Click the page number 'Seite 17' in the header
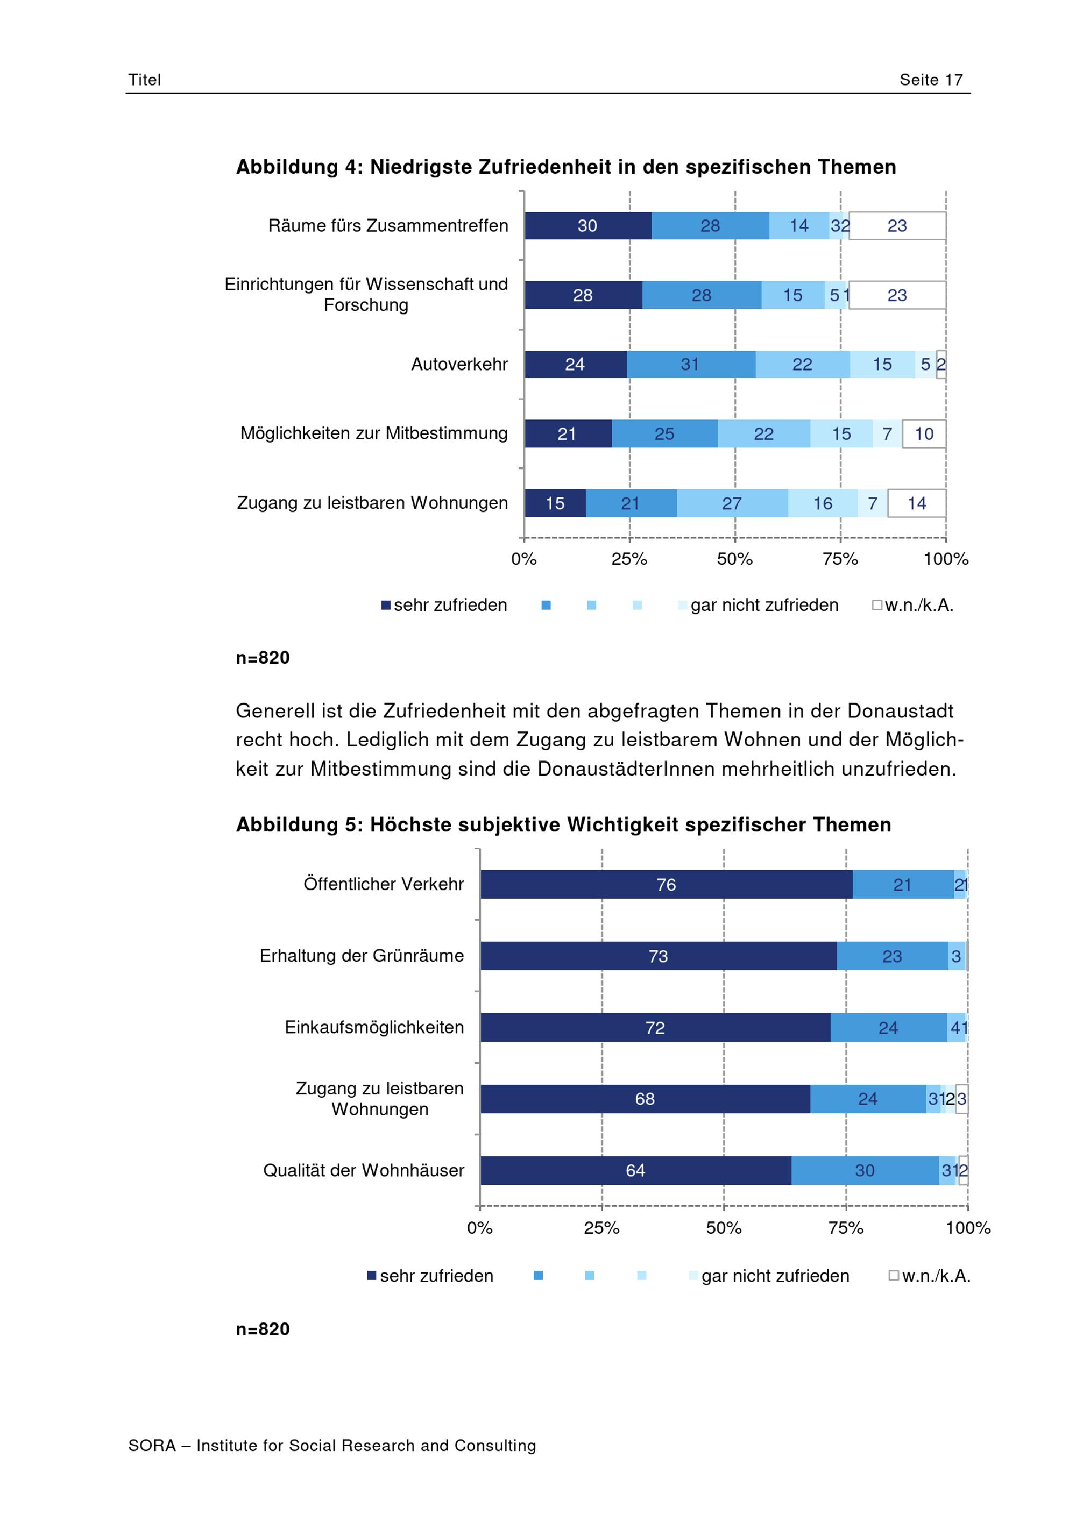[930, 80]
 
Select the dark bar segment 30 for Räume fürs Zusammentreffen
[587, 225]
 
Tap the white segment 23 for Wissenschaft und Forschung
[897, 295]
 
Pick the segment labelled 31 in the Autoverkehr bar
[691, 364]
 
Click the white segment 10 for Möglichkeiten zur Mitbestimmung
[924, 433]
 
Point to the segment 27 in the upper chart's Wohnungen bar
[732, 503]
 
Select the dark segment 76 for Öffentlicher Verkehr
[666, 884]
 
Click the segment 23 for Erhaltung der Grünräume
[893, 956]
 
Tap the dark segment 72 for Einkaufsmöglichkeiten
[655, 1027]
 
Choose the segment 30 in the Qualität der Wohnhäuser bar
[865, 1171]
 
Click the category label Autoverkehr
[459, 364]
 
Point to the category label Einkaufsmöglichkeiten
[374, 1027]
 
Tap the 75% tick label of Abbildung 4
[840, 559]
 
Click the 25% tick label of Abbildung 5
[601, 1228]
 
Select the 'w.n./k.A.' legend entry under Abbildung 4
[913, 605]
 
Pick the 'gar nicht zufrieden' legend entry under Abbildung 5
[769, 1276]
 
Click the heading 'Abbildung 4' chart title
[566, 166]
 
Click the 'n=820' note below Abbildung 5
[263, 1329]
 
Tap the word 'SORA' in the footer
[152, 1446]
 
